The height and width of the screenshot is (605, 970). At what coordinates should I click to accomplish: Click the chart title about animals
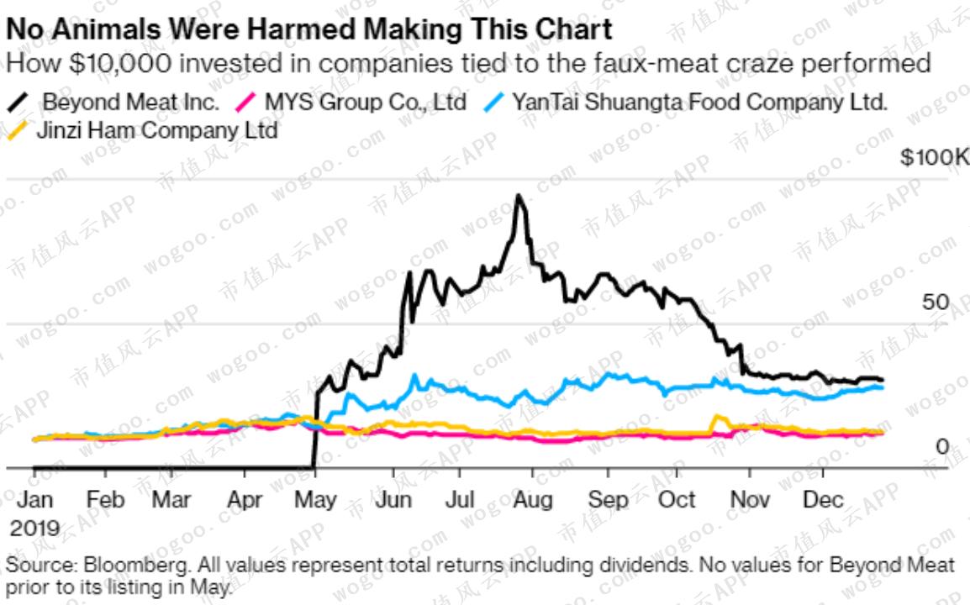coord(308,29)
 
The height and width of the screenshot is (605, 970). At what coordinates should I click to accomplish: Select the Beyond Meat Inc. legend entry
coord(130,103)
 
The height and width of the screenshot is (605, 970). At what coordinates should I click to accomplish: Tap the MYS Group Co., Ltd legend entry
coord(365,103)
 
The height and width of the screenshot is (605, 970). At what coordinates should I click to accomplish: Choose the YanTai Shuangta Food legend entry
coord(699,103)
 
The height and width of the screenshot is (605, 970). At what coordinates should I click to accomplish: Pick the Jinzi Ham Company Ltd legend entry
coord(156,130)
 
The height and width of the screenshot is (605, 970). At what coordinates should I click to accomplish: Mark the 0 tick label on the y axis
coord(942,447)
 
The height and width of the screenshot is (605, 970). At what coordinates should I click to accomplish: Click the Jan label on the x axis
coord(34,499)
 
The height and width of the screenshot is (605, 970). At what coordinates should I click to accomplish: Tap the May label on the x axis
coord(315,499)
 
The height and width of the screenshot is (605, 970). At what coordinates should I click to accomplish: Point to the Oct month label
coord(676,499)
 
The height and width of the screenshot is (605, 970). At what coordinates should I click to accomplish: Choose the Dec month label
coord(823,499)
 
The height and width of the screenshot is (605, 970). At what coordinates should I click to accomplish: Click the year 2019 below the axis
coord(34,528)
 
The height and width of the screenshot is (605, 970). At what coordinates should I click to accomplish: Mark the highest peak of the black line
coord(519,197)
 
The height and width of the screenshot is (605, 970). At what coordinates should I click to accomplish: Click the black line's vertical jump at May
coord(314,429)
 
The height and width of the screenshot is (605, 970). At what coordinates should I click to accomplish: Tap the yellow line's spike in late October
coord(717,417)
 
